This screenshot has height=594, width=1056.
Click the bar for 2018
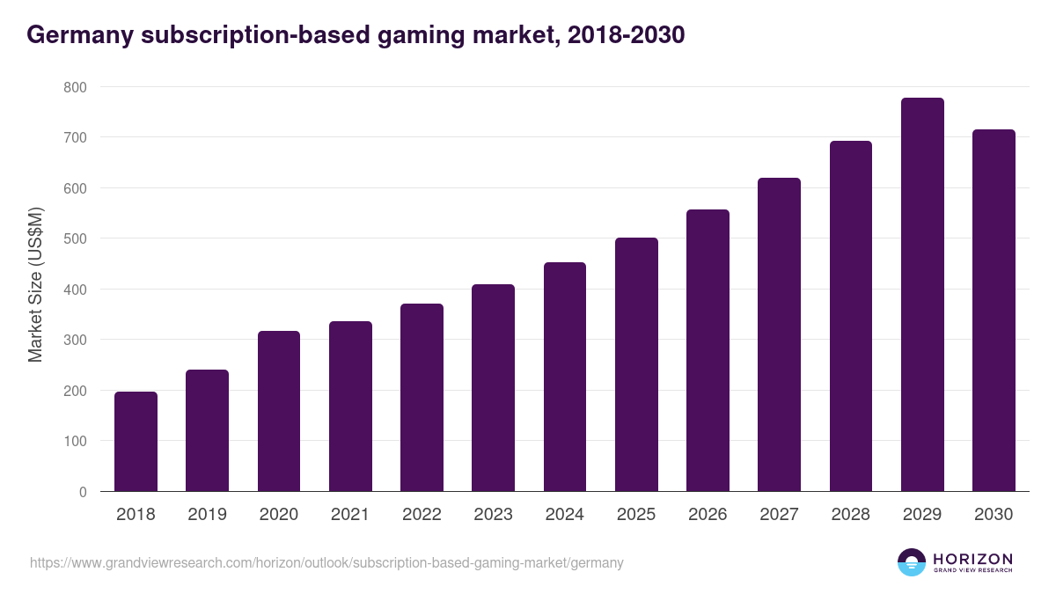(136, 442)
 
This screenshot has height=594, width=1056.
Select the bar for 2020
(279, 411)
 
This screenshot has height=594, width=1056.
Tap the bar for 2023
(493, 388)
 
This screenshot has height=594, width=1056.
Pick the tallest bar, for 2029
(922, 295)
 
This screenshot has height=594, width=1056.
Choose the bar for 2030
(994, 311)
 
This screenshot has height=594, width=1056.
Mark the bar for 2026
(708, 350)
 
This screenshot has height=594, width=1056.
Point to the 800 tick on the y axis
(75, 87)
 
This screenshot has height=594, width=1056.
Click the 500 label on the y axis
(75, 238)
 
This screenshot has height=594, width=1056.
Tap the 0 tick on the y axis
(83, 492)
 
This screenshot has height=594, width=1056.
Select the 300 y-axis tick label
(75, 340)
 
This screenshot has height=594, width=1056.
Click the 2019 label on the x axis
(207, 515)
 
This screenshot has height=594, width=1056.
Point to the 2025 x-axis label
(636, 515)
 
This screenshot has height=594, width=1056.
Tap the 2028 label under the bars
(851, 515)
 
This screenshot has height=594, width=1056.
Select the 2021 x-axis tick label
(350, 515)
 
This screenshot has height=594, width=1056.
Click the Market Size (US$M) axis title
(35, 283)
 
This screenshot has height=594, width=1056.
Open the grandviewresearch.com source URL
(326, 562)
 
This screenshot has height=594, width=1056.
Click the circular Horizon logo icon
(912, 562)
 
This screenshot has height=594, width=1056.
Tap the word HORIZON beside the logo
(972, 558)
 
